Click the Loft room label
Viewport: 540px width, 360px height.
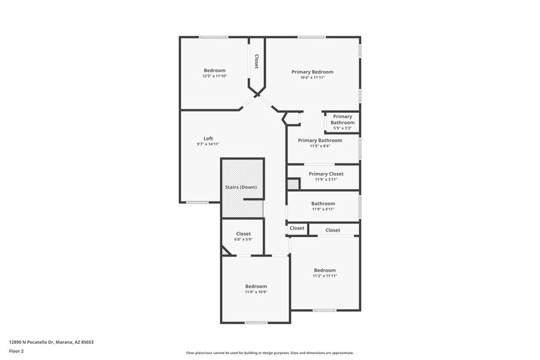(x=208, y=138)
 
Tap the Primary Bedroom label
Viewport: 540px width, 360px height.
(x=312, y=72)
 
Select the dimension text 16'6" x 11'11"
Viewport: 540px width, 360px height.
(x=312, y=78)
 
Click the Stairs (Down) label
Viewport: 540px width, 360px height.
(x=240, y=187)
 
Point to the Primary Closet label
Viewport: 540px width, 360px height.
(x=326, y=174)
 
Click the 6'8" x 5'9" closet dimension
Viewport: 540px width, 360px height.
(x=243, y=240)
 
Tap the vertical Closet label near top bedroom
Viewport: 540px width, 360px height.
(x=256, y=61)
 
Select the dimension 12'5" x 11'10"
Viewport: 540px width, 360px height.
(x=215, y=76)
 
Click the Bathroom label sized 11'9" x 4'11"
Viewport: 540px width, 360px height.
(x=323, y=203)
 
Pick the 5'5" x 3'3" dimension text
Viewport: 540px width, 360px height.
(x=342, y=128)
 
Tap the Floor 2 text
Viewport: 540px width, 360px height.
(x=17, y=351)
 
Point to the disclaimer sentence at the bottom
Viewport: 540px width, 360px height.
(x=269, y=353)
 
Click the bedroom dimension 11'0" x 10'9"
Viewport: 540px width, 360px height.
(x=256, y=292)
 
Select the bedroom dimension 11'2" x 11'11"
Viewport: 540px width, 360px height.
(x=324, y=276)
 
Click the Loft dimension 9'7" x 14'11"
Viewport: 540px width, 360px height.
(x=208, y=144)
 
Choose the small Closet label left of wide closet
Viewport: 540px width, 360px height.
(x=297, y=228)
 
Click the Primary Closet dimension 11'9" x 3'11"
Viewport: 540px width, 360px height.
(x=326, y=180)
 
